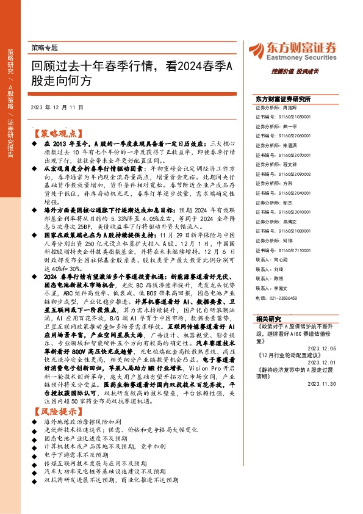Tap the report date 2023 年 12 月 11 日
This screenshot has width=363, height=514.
56,107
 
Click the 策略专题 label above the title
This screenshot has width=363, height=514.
43,47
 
